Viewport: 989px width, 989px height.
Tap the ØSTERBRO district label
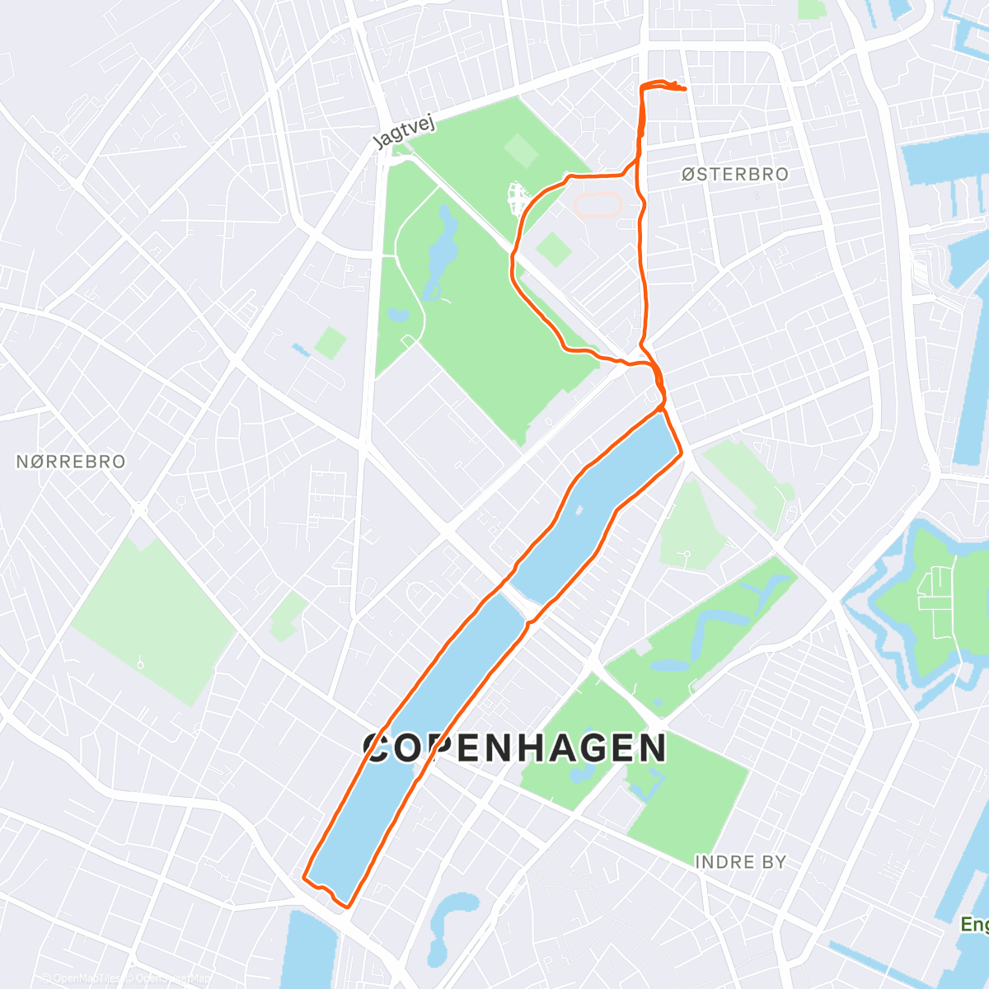point(735,175)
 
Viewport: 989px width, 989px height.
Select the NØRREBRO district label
point(71,462)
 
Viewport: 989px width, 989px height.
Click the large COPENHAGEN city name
point(515,748)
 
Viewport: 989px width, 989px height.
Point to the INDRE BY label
point(740,862)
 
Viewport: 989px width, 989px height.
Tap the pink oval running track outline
point(597,204)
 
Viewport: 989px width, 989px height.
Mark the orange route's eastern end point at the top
point(685,89)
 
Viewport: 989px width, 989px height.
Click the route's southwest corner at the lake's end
point(305,877)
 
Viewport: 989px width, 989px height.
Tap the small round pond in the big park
point(398,314)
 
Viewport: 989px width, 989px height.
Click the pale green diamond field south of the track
point(553,249)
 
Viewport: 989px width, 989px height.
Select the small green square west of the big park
point(330,343)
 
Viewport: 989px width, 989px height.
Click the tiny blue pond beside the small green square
point(299,349)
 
